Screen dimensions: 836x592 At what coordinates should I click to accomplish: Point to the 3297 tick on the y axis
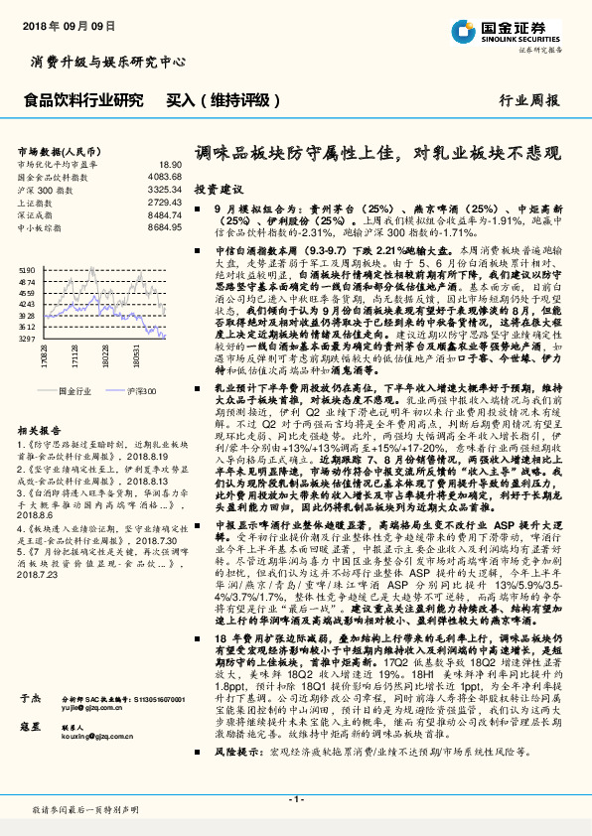[26, 338]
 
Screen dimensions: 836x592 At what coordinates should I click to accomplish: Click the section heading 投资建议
[219, 188]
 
